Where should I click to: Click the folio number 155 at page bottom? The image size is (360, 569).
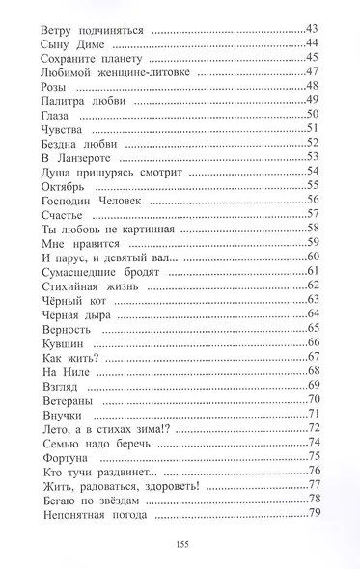pos(180,546)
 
